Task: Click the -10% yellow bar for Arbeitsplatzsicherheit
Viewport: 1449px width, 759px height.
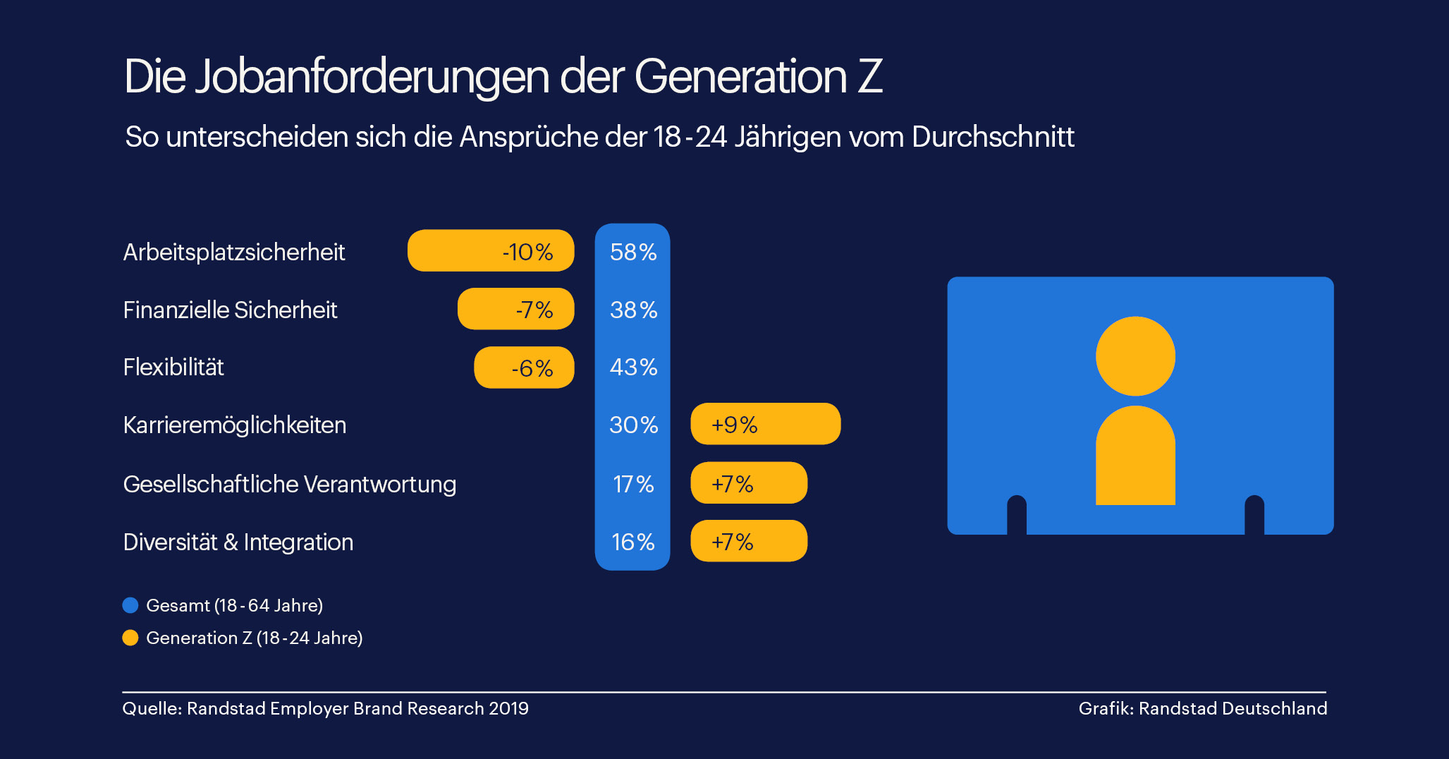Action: coord(491,250)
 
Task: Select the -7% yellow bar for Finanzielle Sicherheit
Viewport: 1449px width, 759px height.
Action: coord(515,309)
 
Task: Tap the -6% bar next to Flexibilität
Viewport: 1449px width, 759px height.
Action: coord(524,368)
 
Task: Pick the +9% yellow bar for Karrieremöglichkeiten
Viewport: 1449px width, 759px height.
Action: coord(765,424)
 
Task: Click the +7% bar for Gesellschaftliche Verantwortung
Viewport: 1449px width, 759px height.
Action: coord(748,483)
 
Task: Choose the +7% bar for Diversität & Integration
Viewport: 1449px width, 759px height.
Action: coord(748,541)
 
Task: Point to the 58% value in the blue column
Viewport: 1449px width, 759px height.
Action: coord(633,252)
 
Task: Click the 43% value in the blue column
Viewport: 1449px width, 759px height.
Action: coord(633,368)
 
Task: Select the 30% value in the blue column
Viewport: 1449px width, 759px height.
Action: coord(633,425)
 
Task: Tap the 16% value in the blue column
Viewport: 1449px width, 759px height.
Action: coord(633,542)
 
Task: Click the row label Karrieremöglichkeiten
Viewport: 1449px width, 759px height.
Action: coord(235,425)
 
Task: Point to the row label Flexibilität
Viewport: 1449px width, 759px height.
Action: coord(173,368)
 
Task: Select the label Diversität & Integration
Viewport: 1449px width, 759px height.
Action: coord(238,542)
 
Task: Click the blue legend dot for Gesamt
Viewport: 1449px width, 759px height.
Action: coord(130,605)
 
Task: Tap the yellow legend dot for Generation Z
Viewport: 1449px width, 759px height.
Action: coord(130,638)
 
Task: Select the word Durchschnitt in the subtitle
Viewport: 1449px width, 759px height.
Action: coord(993,137)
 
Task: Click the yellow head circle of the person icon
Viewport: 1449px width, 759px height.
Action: coord(1135,356)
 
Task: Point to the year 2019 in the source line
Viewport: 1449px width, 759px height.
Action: coord(508,708)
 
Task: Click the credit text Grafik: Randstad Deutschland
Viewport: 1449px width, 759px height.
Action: coord(1202,708)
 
